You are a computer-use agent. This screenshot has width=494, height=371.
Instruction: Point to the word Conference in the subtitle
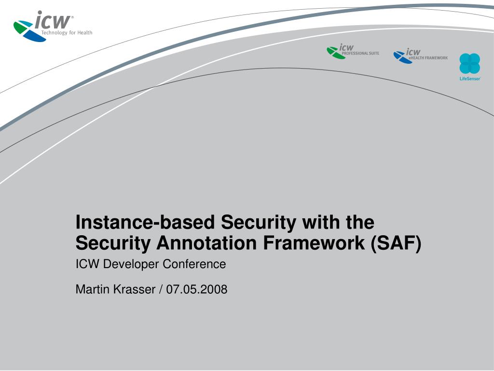click(x=194, y=264)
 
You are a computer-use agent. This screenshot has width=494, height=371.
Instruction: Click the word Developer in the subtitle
click(x=131, y=264)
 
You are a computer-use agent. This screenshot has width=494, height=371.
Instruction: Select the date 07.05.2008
click(x=197, y=289)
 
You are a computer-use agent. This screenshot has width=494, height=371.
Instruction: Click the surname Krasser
click(x=134, y=289)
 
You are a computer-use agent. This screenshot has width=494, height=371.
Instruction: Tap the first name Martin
click(x=93, y=289)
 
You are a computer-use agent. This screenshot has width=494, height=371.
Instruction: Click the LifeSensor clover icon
click(x=469, y=63)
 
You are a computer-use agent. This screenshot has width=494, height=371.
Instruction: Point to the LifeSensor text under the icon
click(x=470, y=79)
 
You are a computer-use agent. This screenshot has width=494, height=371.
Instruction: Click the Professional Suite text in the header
click(x=360, y=53)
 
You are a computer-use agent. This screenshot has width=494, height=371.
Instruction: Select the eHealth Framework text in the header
click(x=428, y=58)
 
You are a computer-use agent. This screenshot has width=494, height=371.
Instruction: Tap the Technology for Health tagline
click(x=67, y=33)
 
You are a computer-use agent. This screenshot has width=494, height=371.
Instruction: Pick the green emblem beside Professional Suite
click(x=335, y=52)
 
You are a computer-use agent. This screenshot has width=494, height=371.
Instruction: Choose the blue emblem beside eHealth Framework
click(x=401, y=57)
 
